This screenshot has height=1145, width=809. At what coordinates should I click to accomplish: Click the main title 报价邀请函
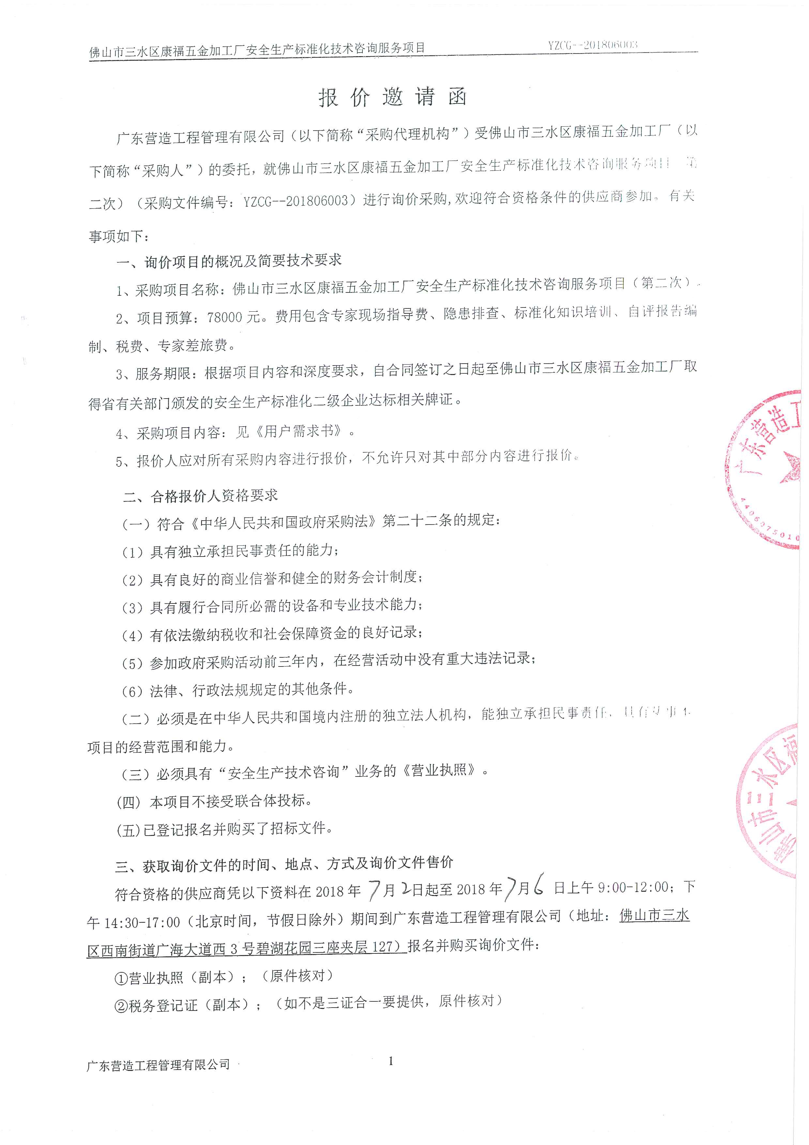[x=393, y=97]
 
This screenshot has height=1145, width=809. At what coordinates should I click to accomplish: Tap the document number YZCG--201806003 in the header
[x=593, y=45]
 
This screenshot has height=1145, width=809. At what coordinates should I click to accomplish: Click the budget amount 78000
[x=217, y=317]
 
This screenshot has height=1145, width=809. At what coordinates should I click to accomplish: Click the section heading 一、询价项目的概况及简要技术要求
[x=229, y=261]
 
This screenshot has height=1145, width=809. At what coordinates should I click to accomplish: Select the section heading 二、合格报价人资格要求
[x=200, y=495]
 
